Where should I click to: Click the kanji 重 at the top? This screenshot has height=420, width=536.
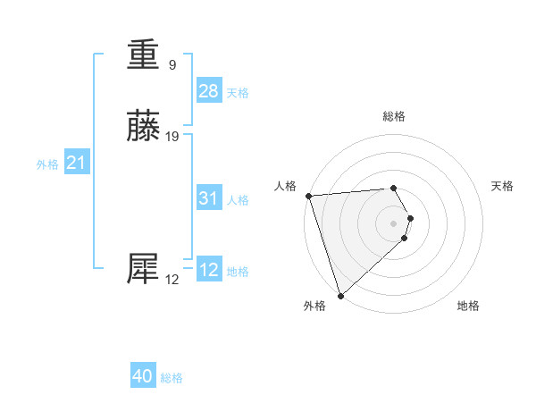(144, 56)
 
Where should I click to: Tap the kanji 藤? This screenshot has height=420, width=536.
(144, 127)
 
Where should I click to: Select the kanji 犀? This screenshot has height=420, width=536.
(144, 269)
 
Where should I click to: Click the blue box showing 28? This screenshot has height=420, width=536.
(209, 91)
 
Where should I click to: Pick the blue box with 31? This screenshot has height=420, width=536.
(209, 198)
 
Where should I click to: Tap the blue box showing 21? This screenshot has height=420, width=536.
(77, 163)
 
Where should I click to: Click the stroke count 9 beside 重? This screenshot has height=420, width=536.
(172, 64)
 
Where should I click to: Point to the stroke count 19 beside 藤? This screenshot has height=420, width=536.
(172, 136)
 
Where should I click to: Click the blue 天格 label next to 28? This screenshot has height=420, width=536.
(238, 93)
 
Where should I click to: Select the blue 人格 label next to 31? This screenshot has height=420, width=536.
(238, 200)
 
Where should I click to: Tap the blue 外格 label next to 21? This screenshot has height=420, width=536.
(47, 164)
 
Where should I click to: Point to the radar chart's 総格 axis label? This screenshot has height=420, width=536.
(394, 116)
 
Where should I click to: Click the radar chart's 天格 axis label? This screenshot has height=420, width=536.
(503, 186)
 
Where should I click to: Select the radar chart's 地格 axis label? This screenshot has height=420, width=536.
(468, 306)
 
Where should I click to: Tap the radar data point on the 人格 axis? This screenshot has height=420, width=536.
(308, 196)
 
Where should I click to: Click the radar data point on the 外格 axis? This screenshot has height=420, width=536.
(340, 295)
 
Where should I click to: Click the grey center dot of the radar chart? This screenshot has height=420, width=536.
(394, 223)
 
